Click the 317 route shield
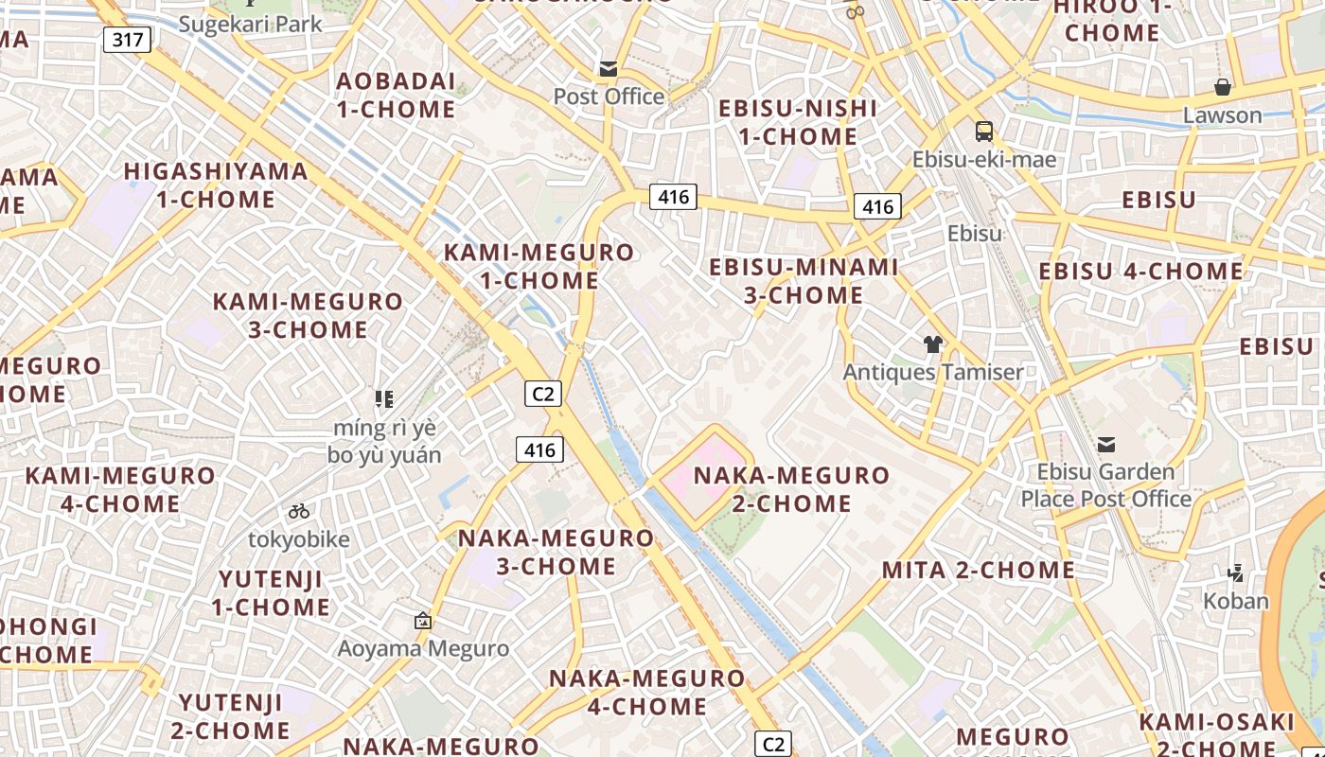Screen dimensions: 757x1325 click(x=127, y=40)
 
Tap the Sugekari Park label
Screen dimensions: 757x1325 click(x=251, y=24)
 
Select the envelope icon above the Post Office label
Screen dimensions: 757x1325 click(x=608, y=69)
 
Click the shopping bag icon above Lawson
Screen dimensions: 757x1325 click(x=1223, y=87)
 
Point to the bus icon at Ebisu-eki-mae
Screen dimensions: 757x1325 click(x=984, y=132)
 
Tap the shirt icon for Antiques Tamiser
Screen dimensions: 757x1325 click(x=933, y=344)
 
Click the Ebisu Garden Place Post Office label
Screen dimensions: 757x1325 click(x=1105, y=484)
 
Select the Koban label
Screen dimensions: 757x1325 click(x=1235, y=601)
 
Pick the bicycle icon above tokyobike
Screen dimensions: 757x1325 click(x=299, y=512)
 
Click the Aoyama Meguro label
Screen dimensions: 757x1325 click(x=424, y=648)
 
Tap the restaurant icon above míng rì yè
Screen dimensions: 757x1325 click(x=384, y=399)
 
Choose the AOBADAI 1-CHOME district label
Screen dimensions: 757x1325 click(x=396, y=95)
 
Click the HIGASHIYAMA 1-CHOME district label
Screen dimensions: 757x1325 click(x=216, y=185)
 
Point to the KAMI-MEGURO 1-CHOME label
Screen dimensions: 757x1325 click(x=539, y=267)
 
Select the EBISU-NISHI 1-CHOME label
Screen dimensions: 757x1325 click(x=798, y=122)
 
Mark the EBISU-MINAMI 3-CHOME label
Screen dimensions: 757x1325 click(x=804, y=281)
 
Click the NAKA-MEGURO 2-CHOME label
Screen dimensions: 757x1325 click(x=792, y=488)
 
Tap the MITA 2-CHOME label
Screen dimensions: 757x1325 click(x=979, y=570)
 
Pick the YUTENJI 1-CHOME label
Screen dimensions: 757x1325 click(x=272, y=592)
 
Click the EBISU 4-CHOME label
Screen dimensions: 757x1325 click(x=1140, y=272)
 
